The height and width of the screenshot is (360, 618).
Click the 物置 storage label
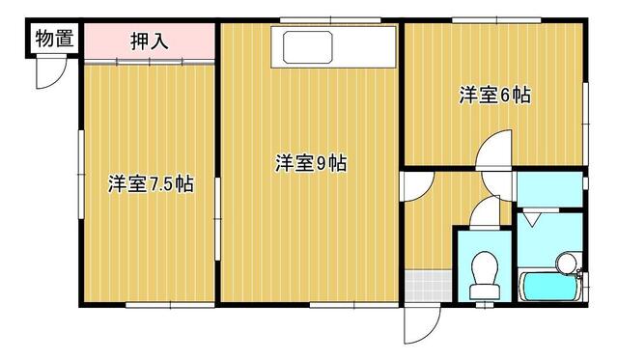coord(49,40)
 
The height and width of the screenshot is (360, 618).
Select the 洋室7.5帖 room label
coord(150,183)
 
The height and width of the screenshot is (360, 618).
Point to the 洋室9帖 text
coord(311,163)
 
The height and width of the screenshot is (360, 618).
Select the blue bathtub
coord(548,287)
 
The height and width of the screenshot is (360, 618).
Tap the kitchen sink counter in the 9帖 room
coord(304,46)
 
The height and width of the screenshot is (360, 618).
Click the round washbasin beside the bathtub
coord(567,261)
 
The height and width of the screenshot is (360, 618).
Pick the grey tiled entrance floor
coord(425,287)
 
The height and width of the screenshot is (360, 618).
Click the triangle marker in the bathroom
coord(533,220)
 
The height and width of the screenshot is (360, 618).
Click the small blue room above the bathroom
coord(548,188)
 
